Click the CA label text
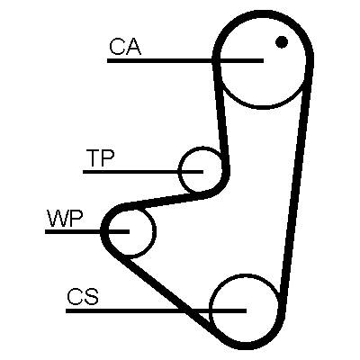click(x=125, y=47)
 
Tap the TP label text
click(x=100, y=157)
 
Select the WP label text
click(x=65, y=219)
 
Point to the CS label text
click(x=83, y=296)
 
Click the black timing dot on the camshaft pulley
click(x=282, y=42)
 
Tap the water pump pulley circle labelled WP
click(x=156, y=231)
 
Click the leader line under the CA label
click(x=185, y=60)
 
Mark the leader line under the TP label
click(x=143, y=172)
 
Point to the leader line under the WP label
click(x=87, y=231)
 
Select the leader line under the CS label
click(x=156, y=310)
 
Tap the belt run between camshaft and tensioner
click(x=221, y=117)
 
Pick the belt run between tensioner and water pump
click(x=168, y=201)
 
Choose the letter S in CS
click(x=91, y=296)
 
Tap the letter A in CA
click(x=133, y=47)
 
